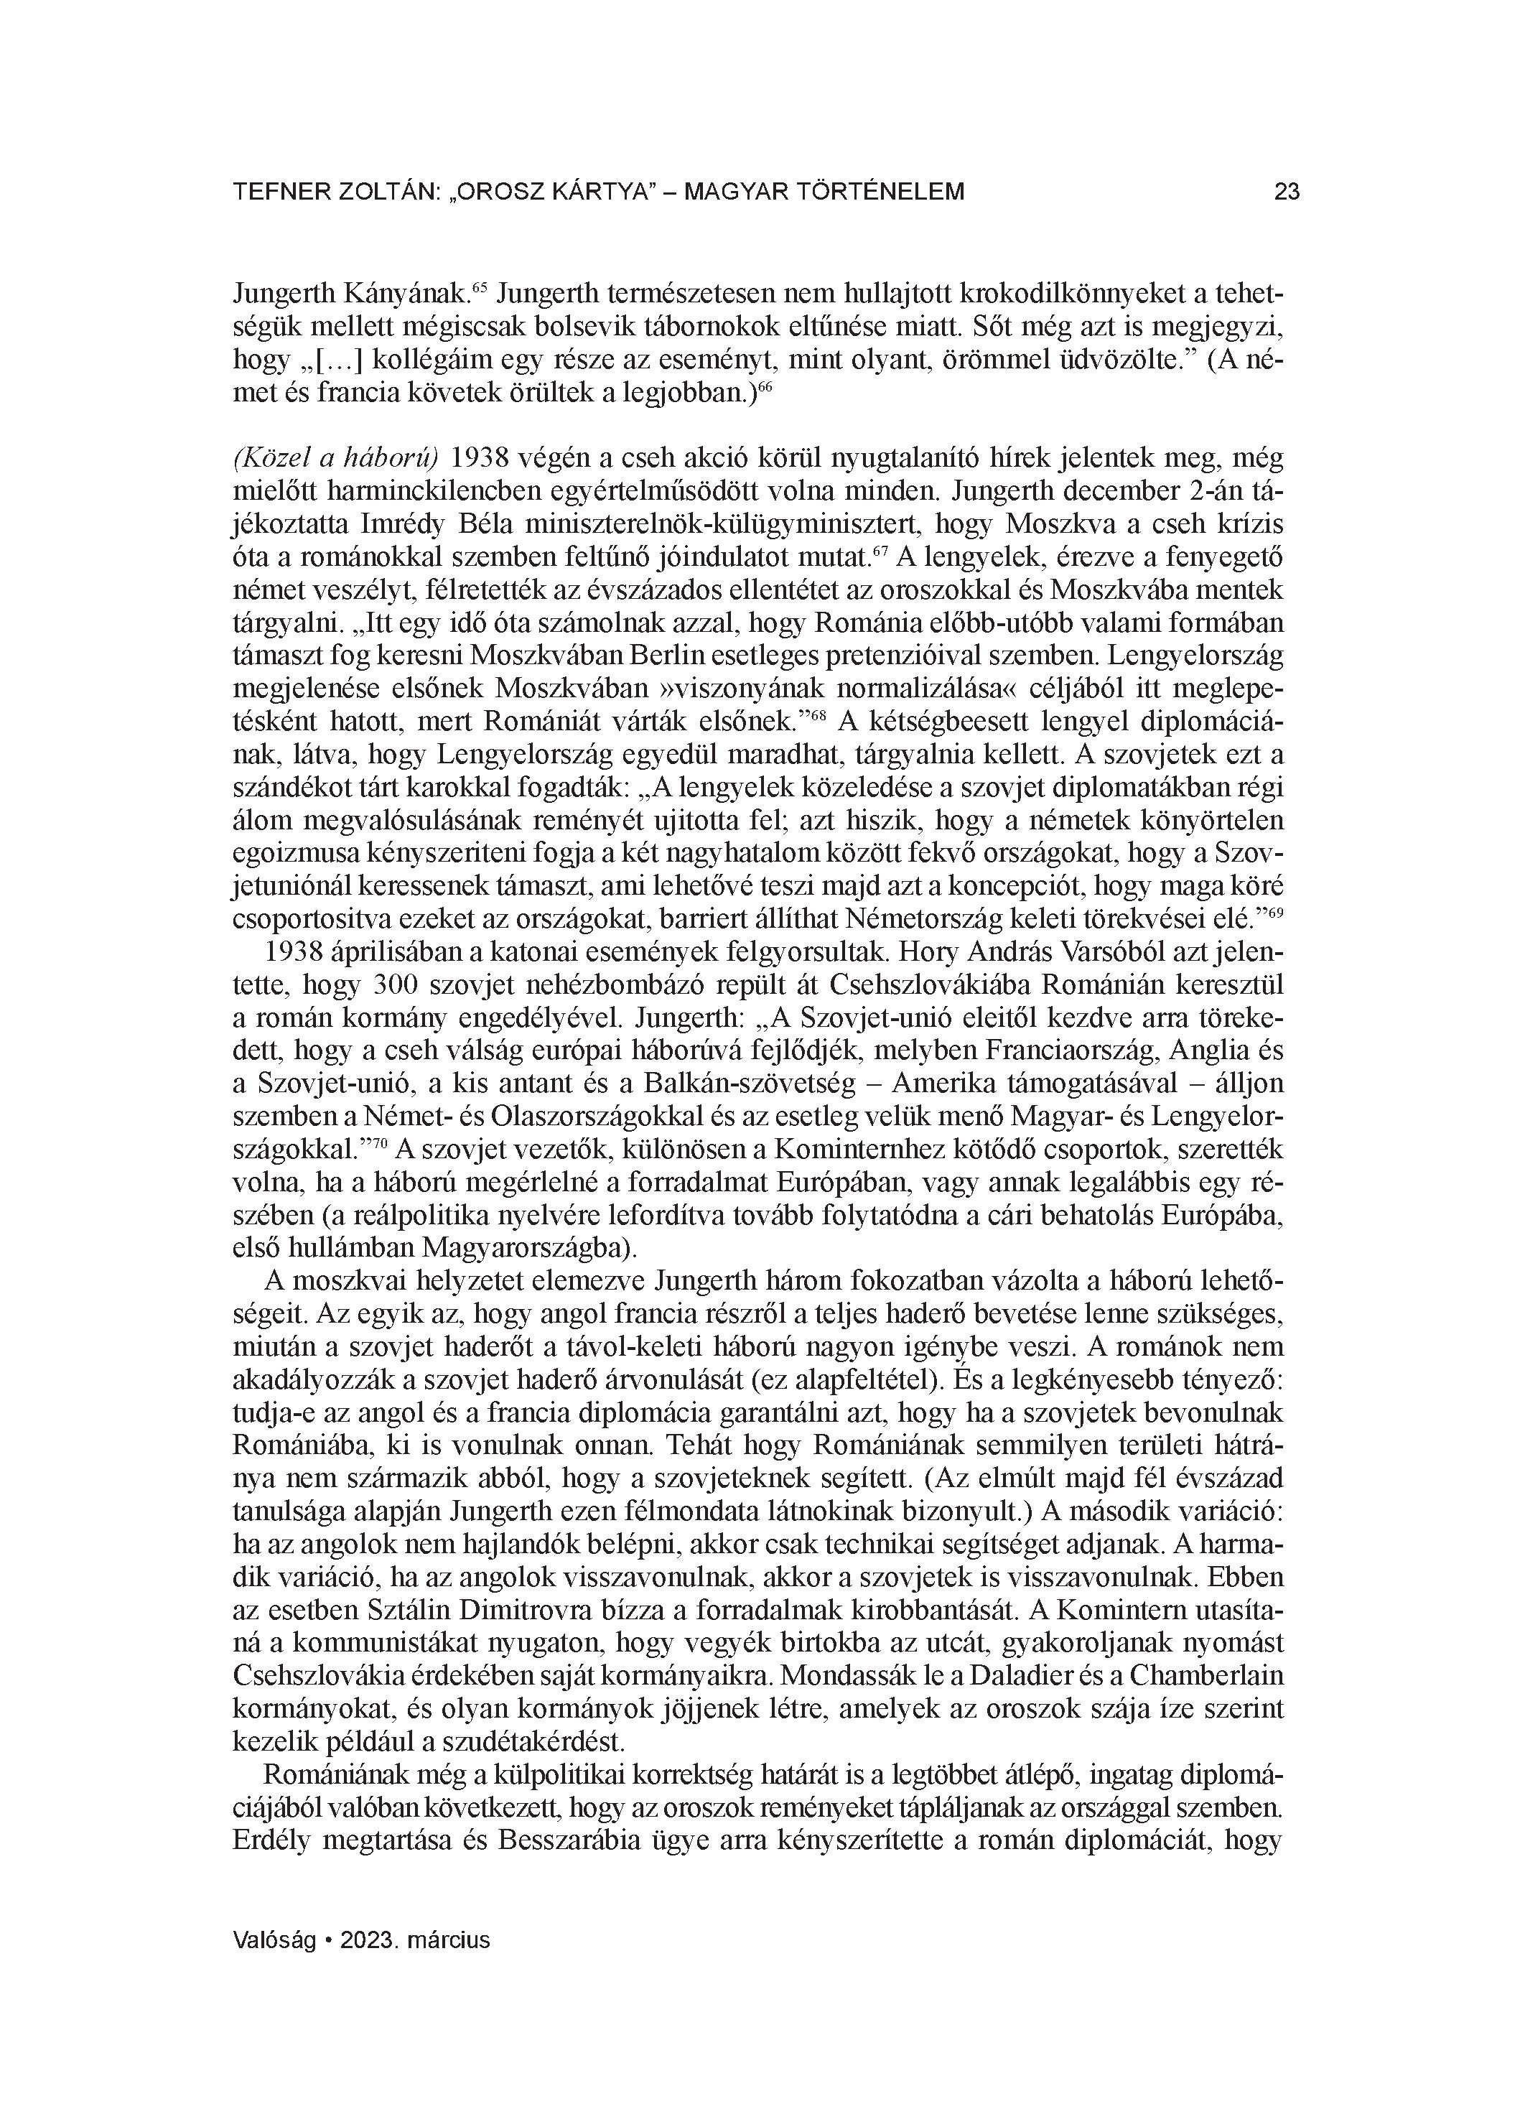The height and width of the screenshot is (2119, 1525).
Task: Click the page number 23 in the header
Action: point(1287,192)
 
